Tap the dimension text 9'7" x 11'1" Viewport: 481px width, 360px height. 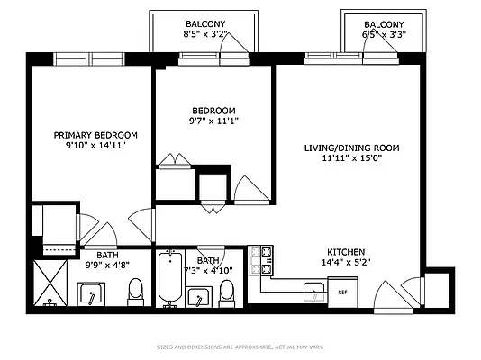coord(213,120)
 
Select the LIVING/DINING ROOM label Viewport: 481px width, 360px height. coord(350,148)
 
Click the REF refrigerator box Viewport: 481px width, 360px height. coord(342,291)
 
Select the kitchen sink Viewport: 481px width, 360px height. coord(313,290)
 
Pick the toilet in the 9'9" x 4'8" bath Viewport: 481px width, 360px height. coord(136,291)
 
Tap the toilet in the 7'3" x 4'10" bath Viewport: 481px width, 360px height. coord(226,292)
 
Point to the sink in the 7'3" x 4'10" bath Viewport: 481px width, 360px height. coord(198,295)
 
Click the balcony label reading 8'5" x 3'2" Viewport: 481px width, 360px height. coord(205,35)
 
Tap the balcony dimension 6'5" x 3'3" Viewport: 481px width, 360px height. coord(383,35)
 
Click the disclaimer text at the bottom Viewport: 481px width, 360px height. coord(240,346)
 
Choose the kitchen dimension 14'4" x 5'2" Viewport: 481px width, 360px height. coord(346,263)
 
